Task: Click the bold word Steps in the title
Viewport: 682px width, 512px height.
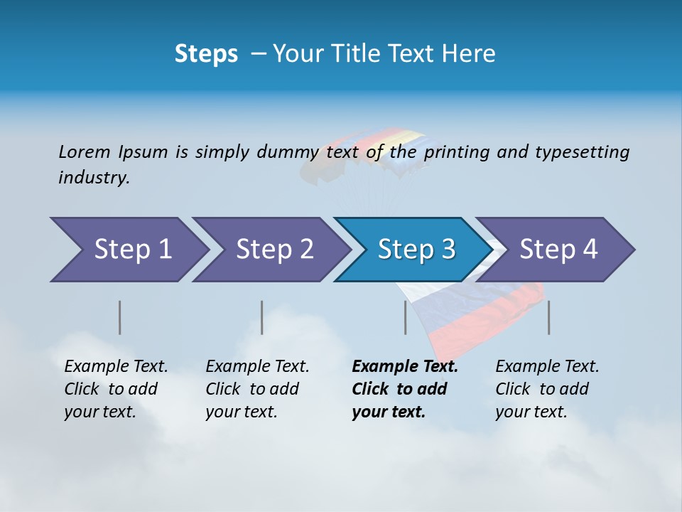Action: click(206, 53)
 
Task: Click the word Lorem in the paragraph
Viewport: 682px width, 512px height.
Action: click(84, 151)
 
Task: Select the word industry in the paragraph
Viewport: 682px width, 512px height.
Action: click(94, 178)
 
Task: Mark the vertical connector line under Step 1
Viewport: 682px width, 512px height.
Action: click(120, 317)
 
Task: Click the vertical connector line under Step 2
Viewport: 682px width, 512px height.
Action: click(262, 317)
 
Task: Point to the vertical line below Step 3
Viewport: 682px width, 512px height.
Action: click(406, 317)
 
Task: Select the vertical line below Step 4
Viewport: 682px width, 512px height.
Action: click(549, 317)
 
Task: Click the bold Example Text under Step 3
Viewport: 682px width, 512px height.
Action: click(405, 366)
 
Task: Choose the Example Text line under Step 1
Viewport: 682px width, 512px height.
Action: click(116, 366)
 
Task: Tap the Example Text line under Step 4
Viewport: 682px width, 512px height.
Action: click(547, 366)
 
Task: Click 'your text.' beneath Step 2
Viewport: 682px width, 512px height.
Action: click(241, 412)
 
